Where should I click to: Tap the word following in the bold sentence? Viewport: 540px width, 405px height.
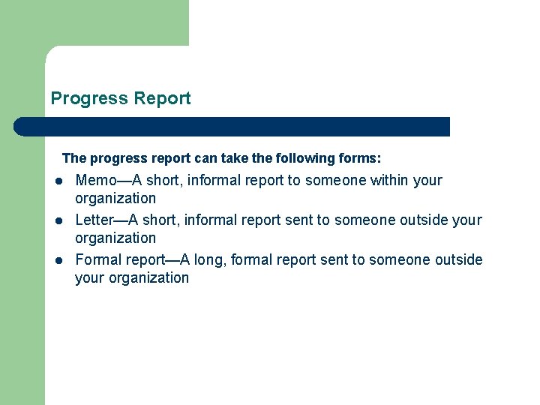coord(304,158)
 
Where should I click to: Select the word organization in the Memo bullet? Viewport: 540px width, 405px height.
coord(115,198)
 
